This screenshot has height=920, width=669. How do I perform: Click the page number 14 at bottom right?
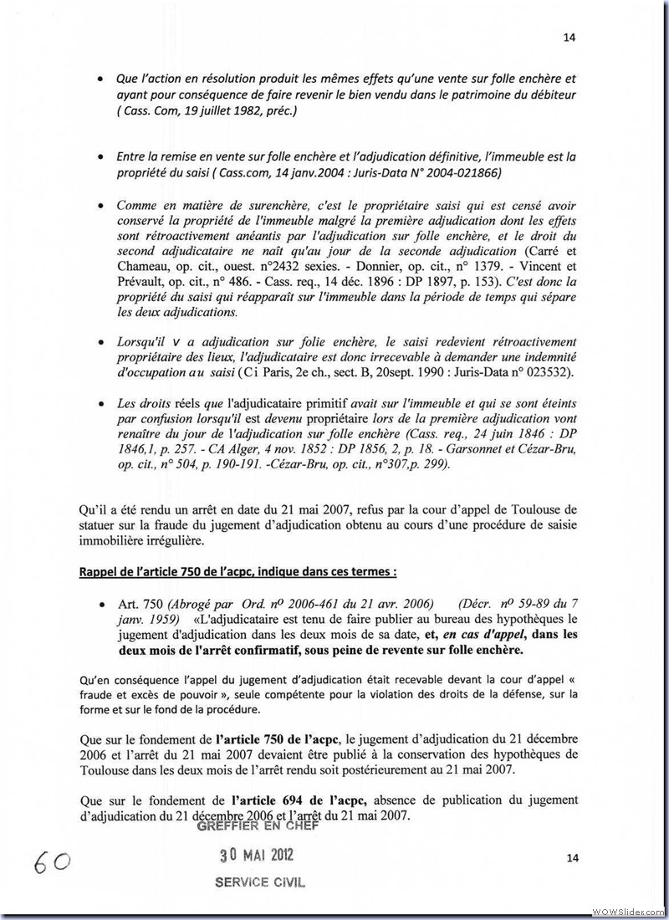[572, 857]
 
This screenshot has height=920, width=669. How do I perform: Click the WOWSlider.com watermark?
[629, 910]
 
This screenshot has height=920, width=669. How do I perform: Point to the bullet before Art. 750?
[101, 605]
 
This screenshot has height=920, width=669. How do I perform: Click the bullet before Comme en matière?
[101, 205]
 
